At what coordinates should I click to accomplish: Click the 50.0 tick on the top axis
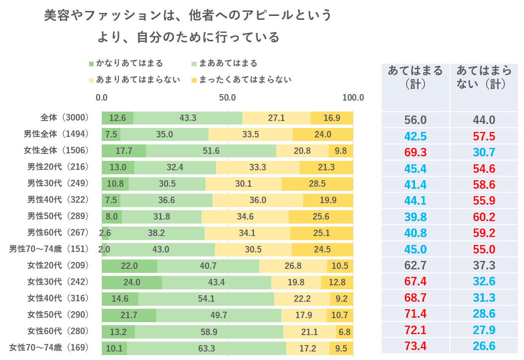[x=227, y=98]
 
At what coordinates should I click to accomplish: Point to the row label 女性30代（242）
[x=58, y=282]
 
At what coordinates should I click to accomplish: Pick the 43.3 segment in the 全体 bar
[x=188, y=118]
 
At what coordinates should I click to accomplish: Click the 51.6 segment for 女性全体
[x=211, y=151]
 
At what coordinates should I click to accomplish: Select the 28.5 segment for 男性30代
[x=317, y=184]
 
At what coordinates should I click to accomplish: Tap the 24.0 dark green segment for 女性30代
[x=132, y=282]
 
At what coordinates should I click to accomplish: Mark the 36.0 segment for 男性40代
[x=258, y=200]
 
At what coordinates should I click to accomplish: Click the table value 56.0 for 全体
[x=416, y=120]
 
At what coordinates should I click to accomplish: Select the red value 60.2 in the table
[x=484, y=218]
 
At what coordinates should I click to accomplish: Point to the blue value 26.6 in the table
[x=484, y=346]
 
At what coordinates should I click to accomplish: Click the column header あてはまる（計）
[x=416, y=77]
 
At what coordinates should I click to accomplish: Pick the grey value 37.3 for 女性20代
[x=484, y=266]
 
